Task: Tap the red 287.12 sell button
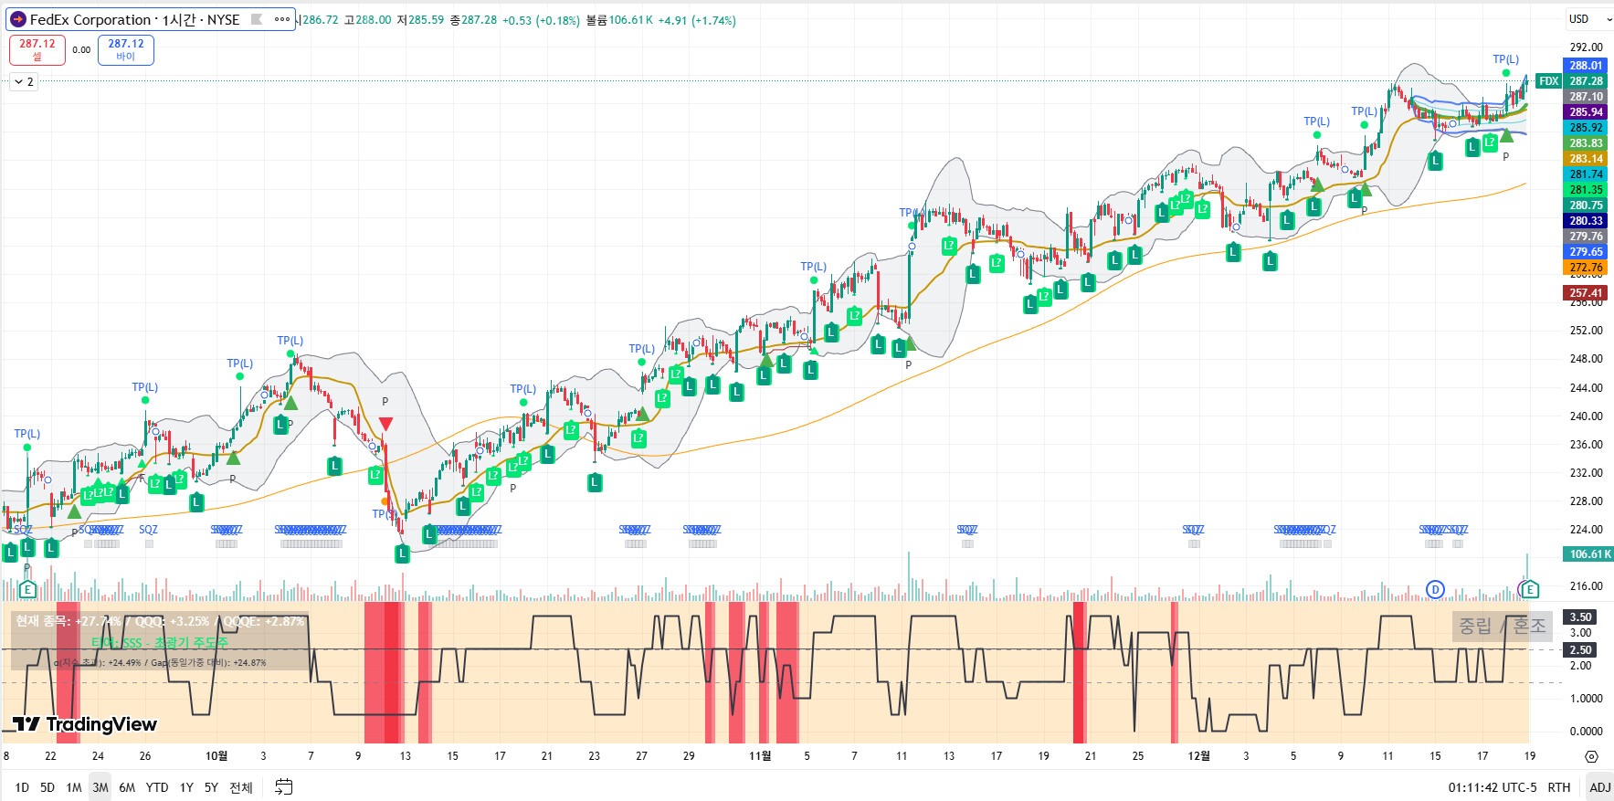click(37, 49)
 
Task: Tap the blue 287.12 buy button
click(126, 49)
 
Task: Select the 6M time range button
click(127, 787)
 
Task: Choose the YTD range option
click(157, 787)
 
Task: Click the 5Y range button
click(211, 787)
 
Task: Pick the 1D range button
click(22, 787)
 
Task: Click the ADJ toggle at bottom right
click(1600, 787)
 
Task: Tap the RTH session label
click(1559, 787)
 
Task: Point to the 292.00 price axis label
click(1586, 47)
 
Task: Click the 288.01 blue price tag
click(1586, 66)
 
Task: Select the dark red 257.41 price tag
click(1586, 293)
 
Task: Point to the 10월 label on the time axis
click(216, 755)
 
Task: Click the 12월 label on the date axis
click(1198, 755)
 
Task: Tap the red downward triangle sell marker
click(385, 424)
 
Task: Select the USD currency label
click(1578, 19)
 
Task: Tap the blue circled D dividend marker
click(1435, 589)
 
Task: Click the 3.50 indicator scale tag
click(1581, 617)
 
